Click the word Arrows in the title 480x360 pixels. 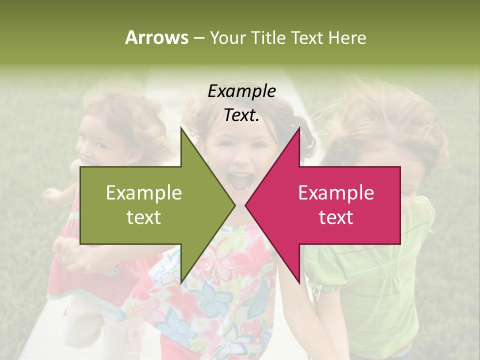click(156, 37)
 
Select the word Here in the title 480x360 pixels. click(347, 38)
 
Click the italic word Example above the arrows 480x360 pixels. click(241, 91)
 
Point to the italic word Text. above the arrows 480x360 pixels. click(241, 115)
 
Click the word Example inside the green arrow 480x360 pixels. click(144, 193)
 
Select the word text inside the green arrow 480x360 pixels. click(144, 217)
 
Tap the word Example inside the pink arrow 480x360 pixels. click(336, 193)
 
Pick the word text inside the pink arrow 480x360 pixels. click(336, 217)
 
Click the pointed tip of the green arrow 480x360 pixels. click(234, 205)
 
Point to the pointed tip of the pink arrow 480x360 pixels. click(246, 205)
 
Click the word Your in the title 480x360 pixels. click(228, 38)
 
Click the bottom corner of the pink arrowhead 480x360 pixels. click(299, 283)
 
